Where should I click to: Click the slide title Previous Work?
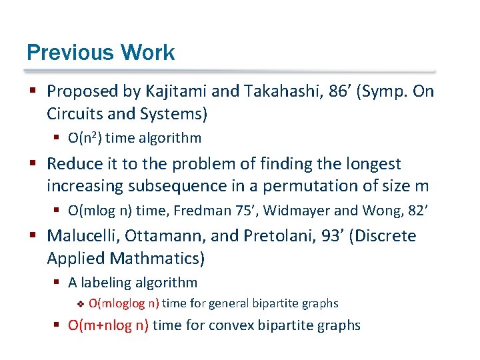tap(101, 53)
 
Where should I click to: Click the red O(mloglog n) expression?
tap(124, 304)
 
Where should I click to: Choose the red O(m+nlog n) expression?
tap(110, 325)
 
